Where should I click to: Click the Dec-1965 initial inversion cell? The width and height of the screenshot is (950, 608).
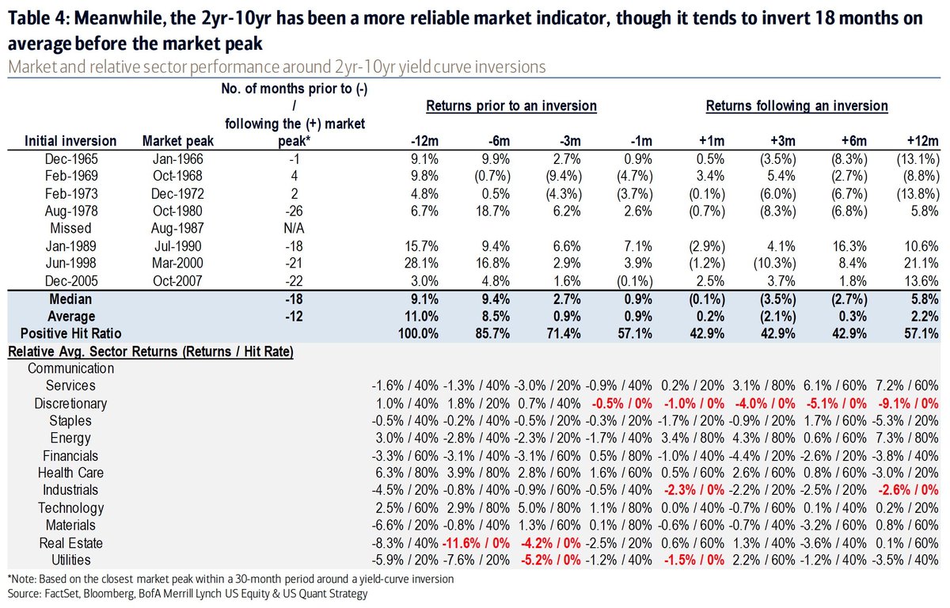(x=70, y=158)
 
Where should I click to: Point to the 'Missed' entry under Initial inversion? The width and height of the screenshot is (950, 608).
(x=70, y=228)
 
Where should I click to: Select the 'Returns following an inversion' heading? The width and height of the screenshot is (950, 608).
(x=796, y=105)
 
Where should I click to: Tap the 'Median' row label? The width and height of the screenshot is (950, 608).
(x=70, y=299)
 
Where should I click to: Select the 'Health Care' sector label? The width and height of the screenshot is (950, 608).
(x=70, y=473)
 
